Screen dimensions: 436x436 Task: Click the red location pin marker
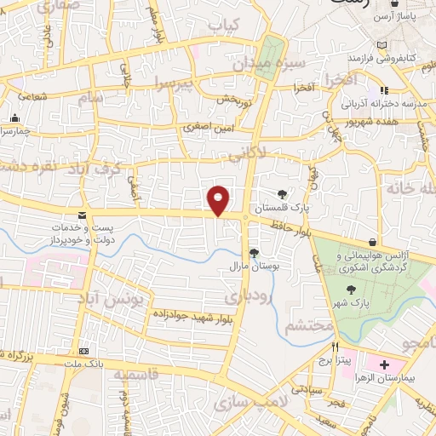(219, 200)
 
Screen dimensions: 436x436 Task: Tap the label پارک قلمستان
(282, 207)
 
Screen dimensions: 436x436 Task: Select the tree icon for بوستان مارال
(253, 252)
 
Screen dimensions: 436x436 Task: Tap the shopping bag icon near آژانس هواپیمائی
(371, 243)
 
